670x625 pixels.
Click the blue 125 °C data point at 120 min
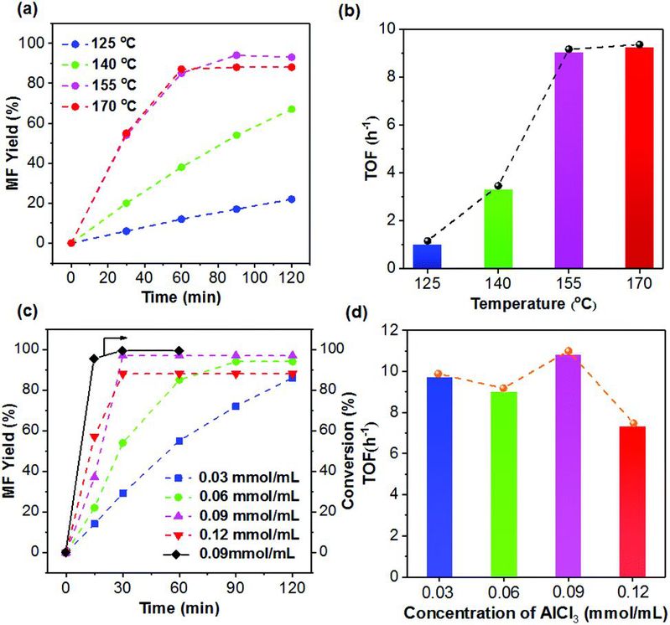click(291, 199)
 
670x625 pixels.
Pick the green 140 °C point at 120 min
click(291, 109)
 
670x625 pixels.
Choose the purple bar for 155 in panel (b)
click(568, 159)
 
